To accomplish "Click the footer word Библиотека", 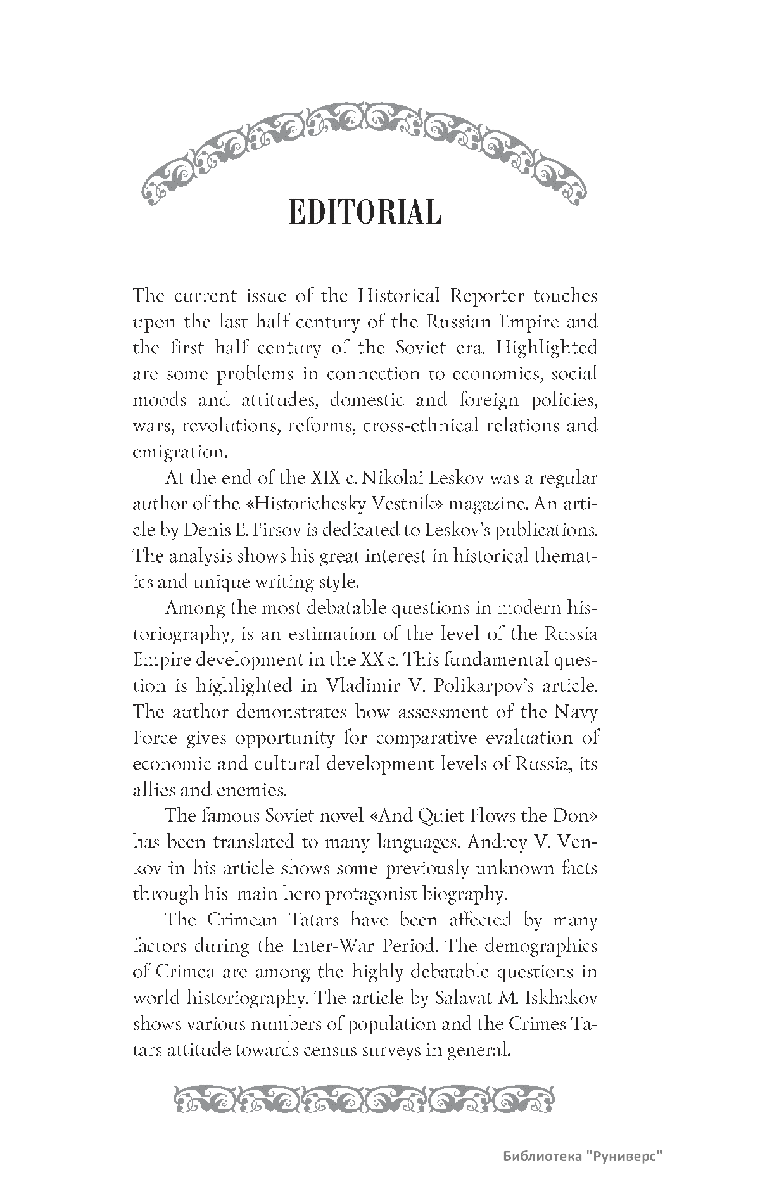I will point(541,1155).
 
